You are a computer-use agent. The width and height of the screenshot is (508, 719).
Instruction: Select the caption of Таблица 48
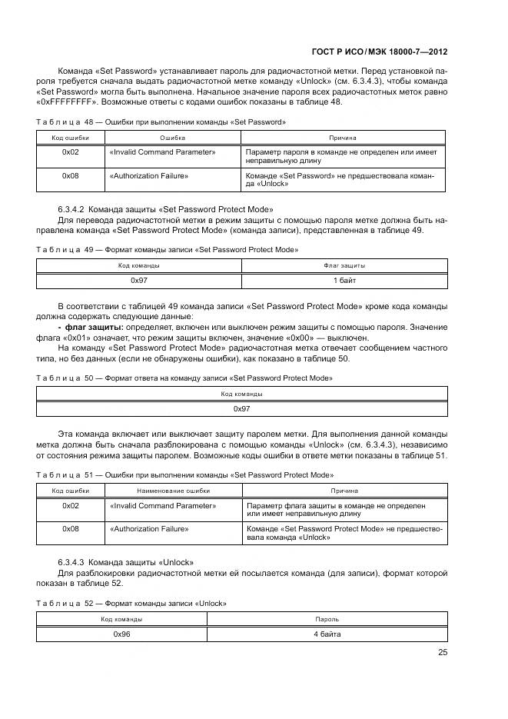point(161,121)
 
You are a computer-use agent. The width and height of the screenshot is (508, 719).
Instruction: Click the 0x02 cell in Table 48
point(71,152)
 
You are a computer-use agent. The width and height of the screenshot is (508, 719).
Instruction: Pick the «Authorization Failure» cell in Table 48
point(149,176)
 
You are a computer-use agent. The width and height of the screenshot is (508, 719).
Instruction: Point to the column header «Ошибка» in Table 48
point(173,138)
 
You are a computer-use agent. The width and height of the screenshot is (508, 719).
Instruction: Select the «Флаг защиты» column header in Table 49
point(344,265)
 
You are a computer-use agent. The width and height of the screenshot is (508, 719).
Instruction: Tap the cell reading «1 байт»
point(344,281)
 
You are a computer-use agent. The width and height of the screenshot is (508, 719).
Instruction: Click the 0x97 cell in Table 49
point(139,281)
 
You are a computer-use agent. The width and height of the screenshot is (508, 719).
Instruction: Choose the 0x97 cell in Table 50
point(242,408)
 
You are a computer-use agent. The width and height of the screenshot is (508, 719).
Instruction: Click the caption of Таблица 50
point(184,378)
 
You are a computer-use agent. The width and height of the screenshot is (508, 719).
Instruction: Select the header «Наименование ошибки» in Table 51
point(173,490)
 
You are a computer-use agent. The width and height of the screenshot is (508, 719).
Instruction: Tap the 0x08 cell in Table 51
point(71,528)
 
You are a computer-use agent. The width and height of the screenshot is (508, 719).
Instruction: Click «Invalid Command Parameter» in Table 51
point(163,505)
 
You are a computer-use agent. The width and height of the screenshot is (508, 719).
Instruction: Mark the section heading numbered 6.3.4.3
point(125,561)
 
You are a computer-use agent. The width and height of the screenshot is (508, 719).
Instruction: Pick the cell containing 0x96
point(121,634)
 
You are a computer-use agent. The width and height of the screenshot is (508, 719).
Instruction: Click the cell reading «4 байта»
point(327,634)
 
